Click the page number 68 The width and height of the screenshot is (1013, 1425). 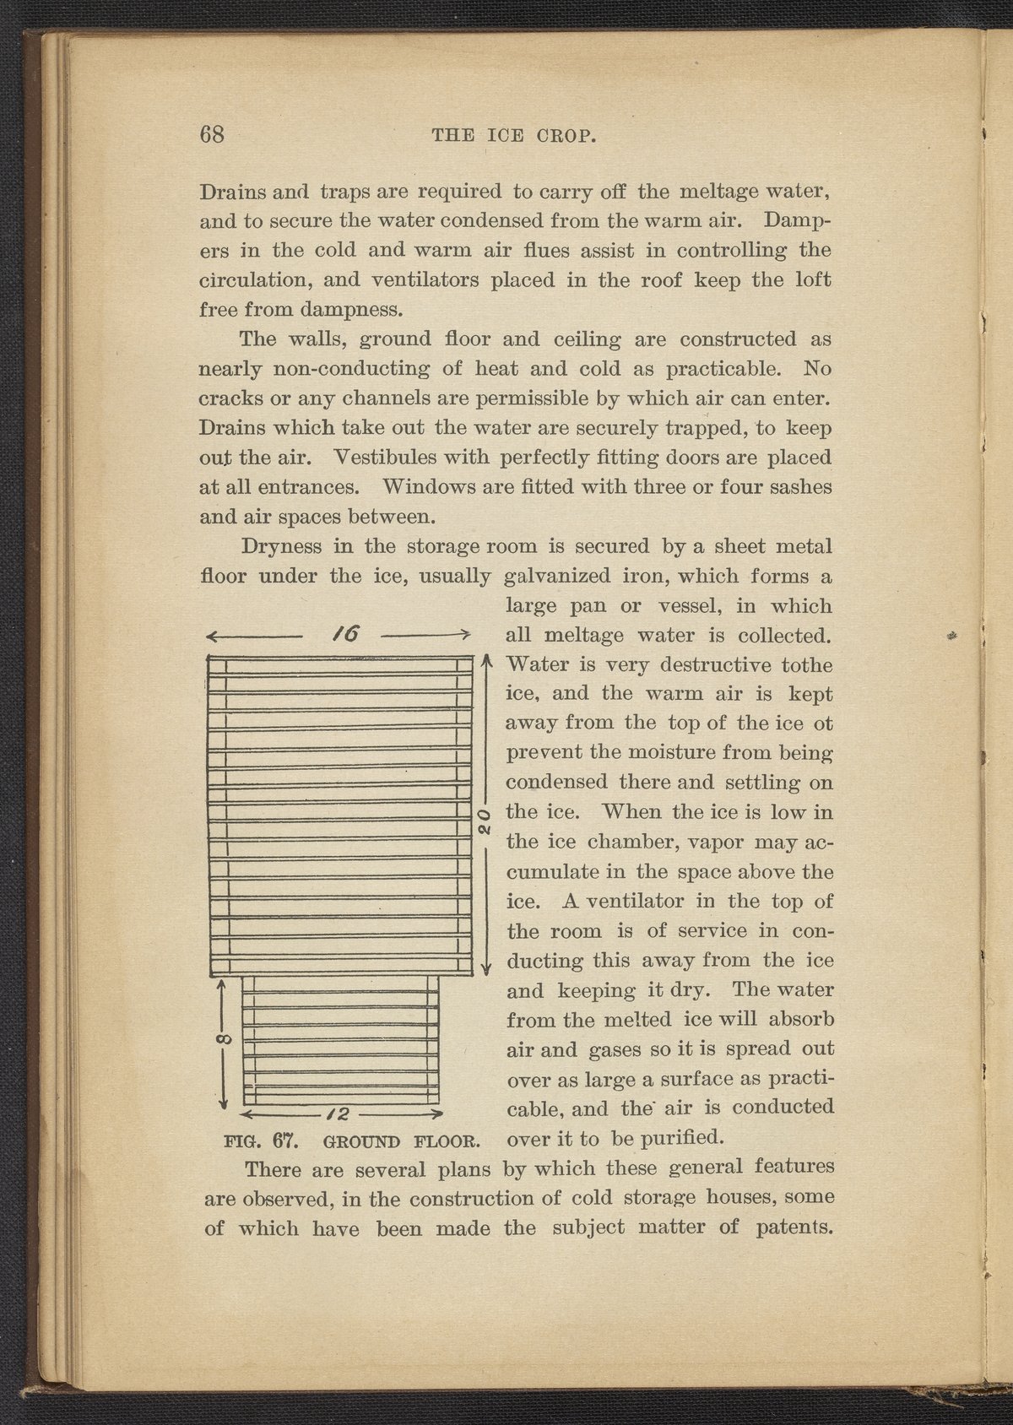(x=212, y=135)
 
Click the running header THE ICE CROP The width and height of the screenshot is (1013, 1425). (x=515, y=136)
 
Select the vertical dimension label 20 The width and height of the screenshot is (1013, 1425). (x=483, y=819)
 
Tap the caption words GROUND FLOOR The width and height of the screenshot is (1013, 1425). (x=402, y=1144)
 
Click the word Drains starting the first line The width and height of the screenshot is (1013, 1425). (x=230, y=192)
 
